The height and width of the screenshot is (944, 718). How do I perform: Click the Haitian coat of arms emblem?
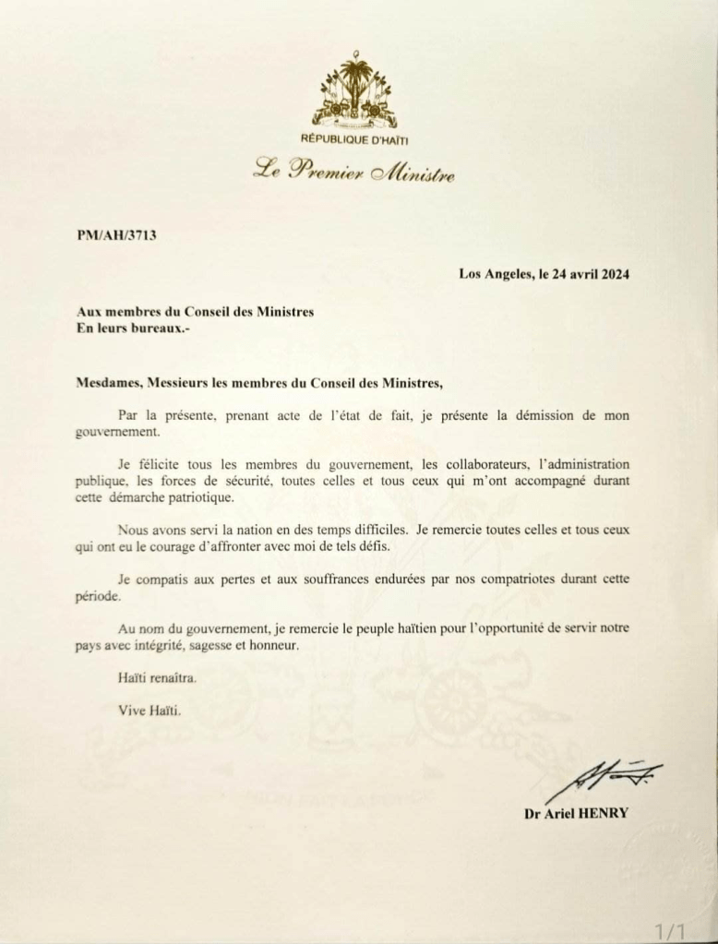(x=355, y=92)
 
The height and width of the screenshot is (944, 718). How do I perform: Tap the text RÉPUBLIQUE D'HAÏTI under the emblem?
(x=355, y=139)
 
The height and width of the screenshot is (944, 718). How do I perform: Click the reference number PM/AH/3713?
(x=116, y=235)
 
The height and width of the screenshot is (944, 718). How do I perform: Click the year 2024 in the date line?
(x=614, y=273)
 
